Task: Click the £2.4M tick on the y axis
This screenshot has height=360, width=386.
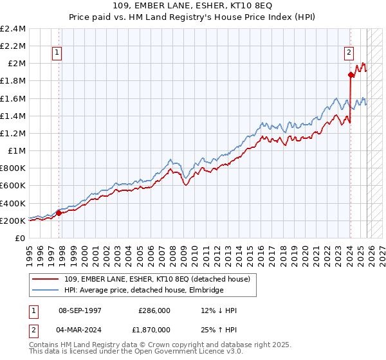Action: tap(14, 29)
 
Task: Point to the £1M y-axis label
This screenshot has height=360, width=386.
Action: tap(16, 151)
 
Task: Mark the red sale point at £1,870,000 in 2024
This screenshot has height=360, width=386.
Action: tap(351, 75)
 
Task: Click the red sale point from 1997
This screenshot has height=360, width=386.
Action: tap(59, 213)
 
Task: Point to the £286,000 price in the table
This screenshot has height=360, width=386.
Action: tap(154, 310)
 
